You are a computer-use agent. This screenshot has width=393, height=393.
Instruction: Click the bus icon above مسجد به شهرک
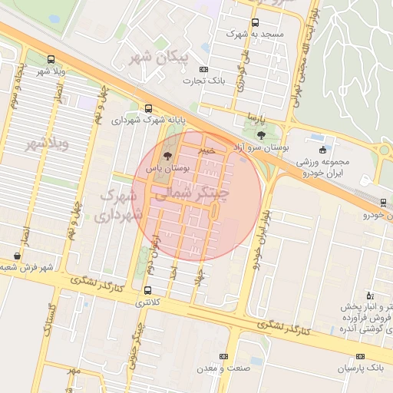pyautogui.click(x=256, y=22)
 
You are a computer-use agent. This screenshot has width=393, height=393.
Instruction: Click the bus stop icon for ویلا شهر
pyautogui.click(x=51, y=60)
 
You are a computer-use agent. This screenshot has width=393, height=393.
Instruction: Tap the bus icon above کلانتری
pyautogui.click(x=147, y=290)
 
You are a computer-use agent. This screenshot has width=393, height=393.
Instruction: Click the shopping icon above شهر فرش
pyautogui.click(x=18, y=256)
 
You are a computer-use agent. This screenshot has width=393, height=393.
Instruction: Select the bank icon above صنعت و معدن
pyautogui.click(x=223, y=356)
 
